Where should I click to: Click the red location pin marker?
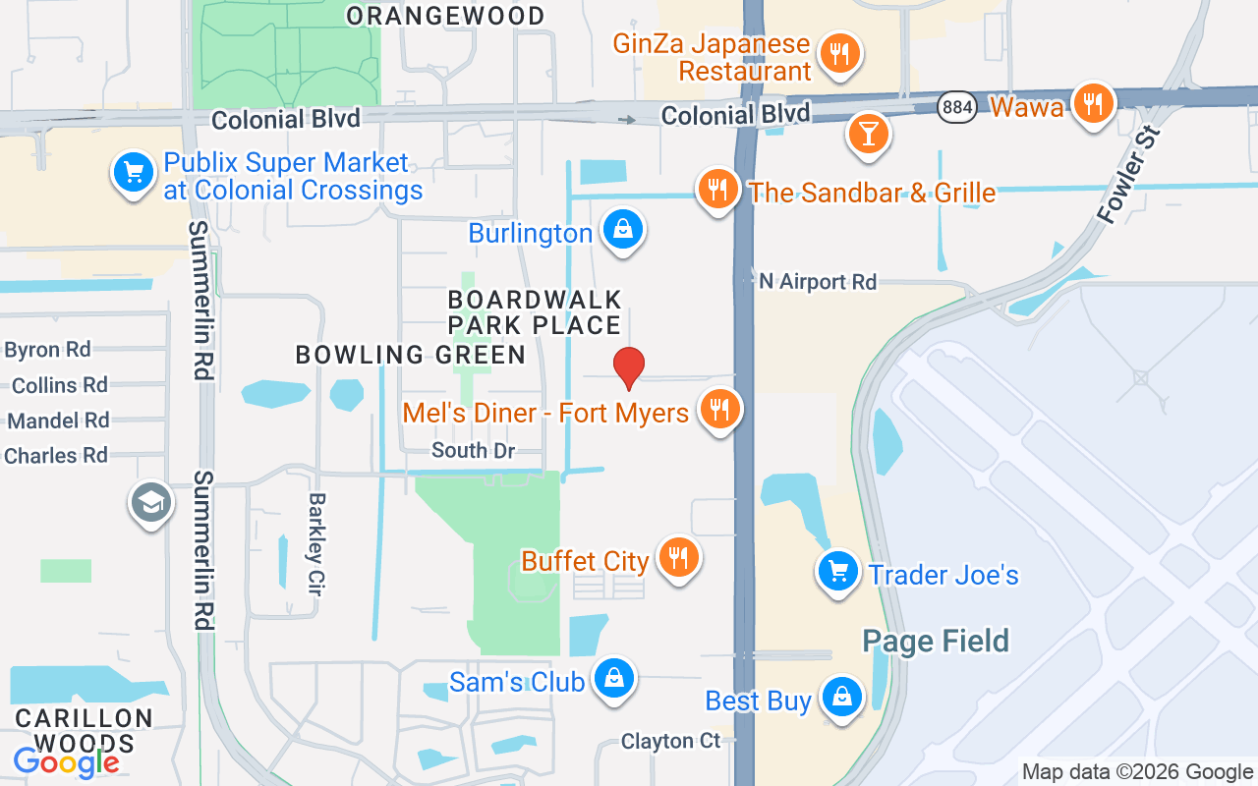click(x=629, y=367)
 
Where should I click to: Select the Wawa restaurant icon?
click(x=1092, y=103)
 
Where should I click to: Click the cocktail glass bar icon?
click(x=868, y=133)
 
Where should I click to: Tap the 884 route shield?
click(x=955, y=107)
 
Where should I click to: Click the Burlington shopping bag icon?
click(x=623, y=230)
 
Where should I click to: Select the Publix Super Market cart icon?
click(x=133, y=173)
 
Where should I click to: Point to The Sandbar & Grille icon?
click(x=718, y=188)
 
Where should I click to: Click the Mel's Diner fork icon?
click(x=720, y=409)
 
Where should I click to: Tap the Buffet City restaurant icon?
click(x=677, y=557)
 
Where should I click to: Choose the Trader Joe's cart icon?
click(x=837, y=570)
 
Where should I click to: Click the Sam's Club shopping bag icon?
click(x=614, y=678)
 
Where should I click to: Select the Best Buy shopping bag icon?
click(x=841, y=697)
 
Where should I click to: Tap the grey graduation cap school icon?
click(x=151, y=503)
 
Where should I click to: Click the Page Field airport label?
click(x=936, y=642)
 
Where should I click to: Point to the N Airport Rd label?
click(x=817, y=282)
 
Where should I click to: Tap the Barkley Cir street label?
click(x=316, y=544)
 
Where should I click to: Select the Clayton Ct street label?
click(x=671, y=741)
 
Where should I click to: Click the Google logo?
click(x=67, y=761)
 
